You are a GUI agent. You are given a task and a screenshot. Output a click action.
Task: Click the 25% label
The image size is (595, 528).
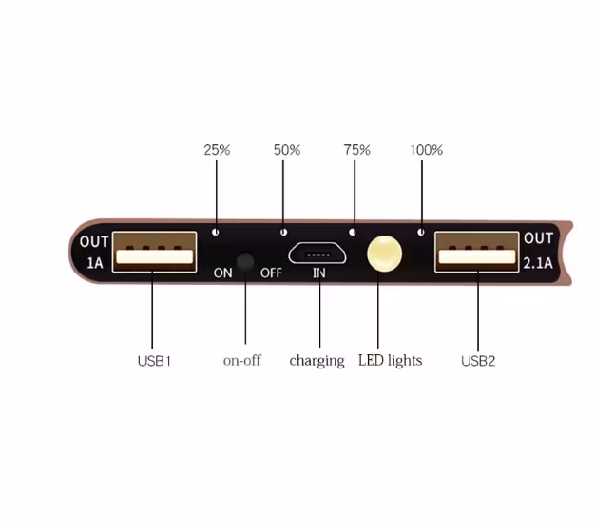point(217,150)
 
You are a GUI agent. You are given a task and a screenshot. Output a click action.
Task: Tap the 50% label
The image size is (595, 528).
point(287,150)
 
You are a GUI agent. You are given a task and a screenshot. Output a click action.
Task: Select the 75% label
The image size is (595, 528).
point(356,150)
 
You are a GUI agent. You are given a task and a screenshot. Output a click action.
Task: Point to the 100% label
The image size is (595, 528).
point(426,150)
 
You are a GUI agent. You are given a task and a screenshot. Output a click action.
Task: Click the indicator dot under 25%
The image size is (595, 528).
point(216,232)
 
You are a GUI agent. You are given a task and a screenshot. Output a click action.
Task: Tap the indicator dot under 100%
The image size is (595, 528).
point(421,232)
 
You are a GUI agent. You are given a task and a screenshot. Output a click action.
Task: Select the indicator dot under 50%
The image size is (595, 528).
point(283,232)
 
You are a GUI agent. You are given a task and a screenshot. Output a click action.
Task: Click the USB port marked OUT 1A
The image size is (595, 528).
point(154,252)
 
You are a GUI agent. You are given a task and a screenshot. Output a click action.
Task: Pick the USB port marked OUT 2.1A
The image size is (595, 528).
point(476,252)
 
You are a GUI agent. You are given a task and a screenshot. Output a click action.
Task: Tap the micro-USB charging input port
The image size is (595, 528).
point(317,254)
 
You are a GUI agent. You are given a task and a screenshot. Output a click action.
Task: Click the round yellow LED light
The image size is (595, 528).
point(384,254)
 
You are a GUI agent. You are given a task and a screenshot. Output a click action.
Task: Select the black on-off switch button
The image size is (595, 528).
point(245,261)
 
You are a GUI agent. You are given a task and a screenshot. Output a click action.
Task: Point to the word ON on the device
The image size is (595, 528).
point(222,273)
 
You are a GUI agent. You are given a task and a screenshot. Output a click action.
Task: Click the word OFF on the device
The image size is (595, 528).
point(271,273)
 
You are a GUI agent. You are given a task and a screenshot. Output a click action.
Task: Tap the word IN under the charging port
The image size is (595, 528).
point(319,273)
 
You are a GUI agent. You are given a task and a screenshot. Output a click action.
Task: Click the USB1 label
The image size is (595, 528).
point(154,361)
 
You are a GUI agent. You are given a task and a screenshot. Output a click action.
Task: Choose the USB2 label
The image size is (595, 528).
point(478,361)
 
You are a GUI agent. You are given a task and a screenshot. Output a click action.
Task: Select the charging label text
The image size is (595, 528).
point(317,361)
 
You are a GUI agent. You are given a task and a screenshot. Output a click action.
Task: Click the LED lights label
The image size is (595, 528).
point(390,361)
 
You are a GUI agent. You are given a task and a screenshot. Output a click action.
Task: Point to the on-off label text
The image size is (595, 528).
point(242,360)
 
